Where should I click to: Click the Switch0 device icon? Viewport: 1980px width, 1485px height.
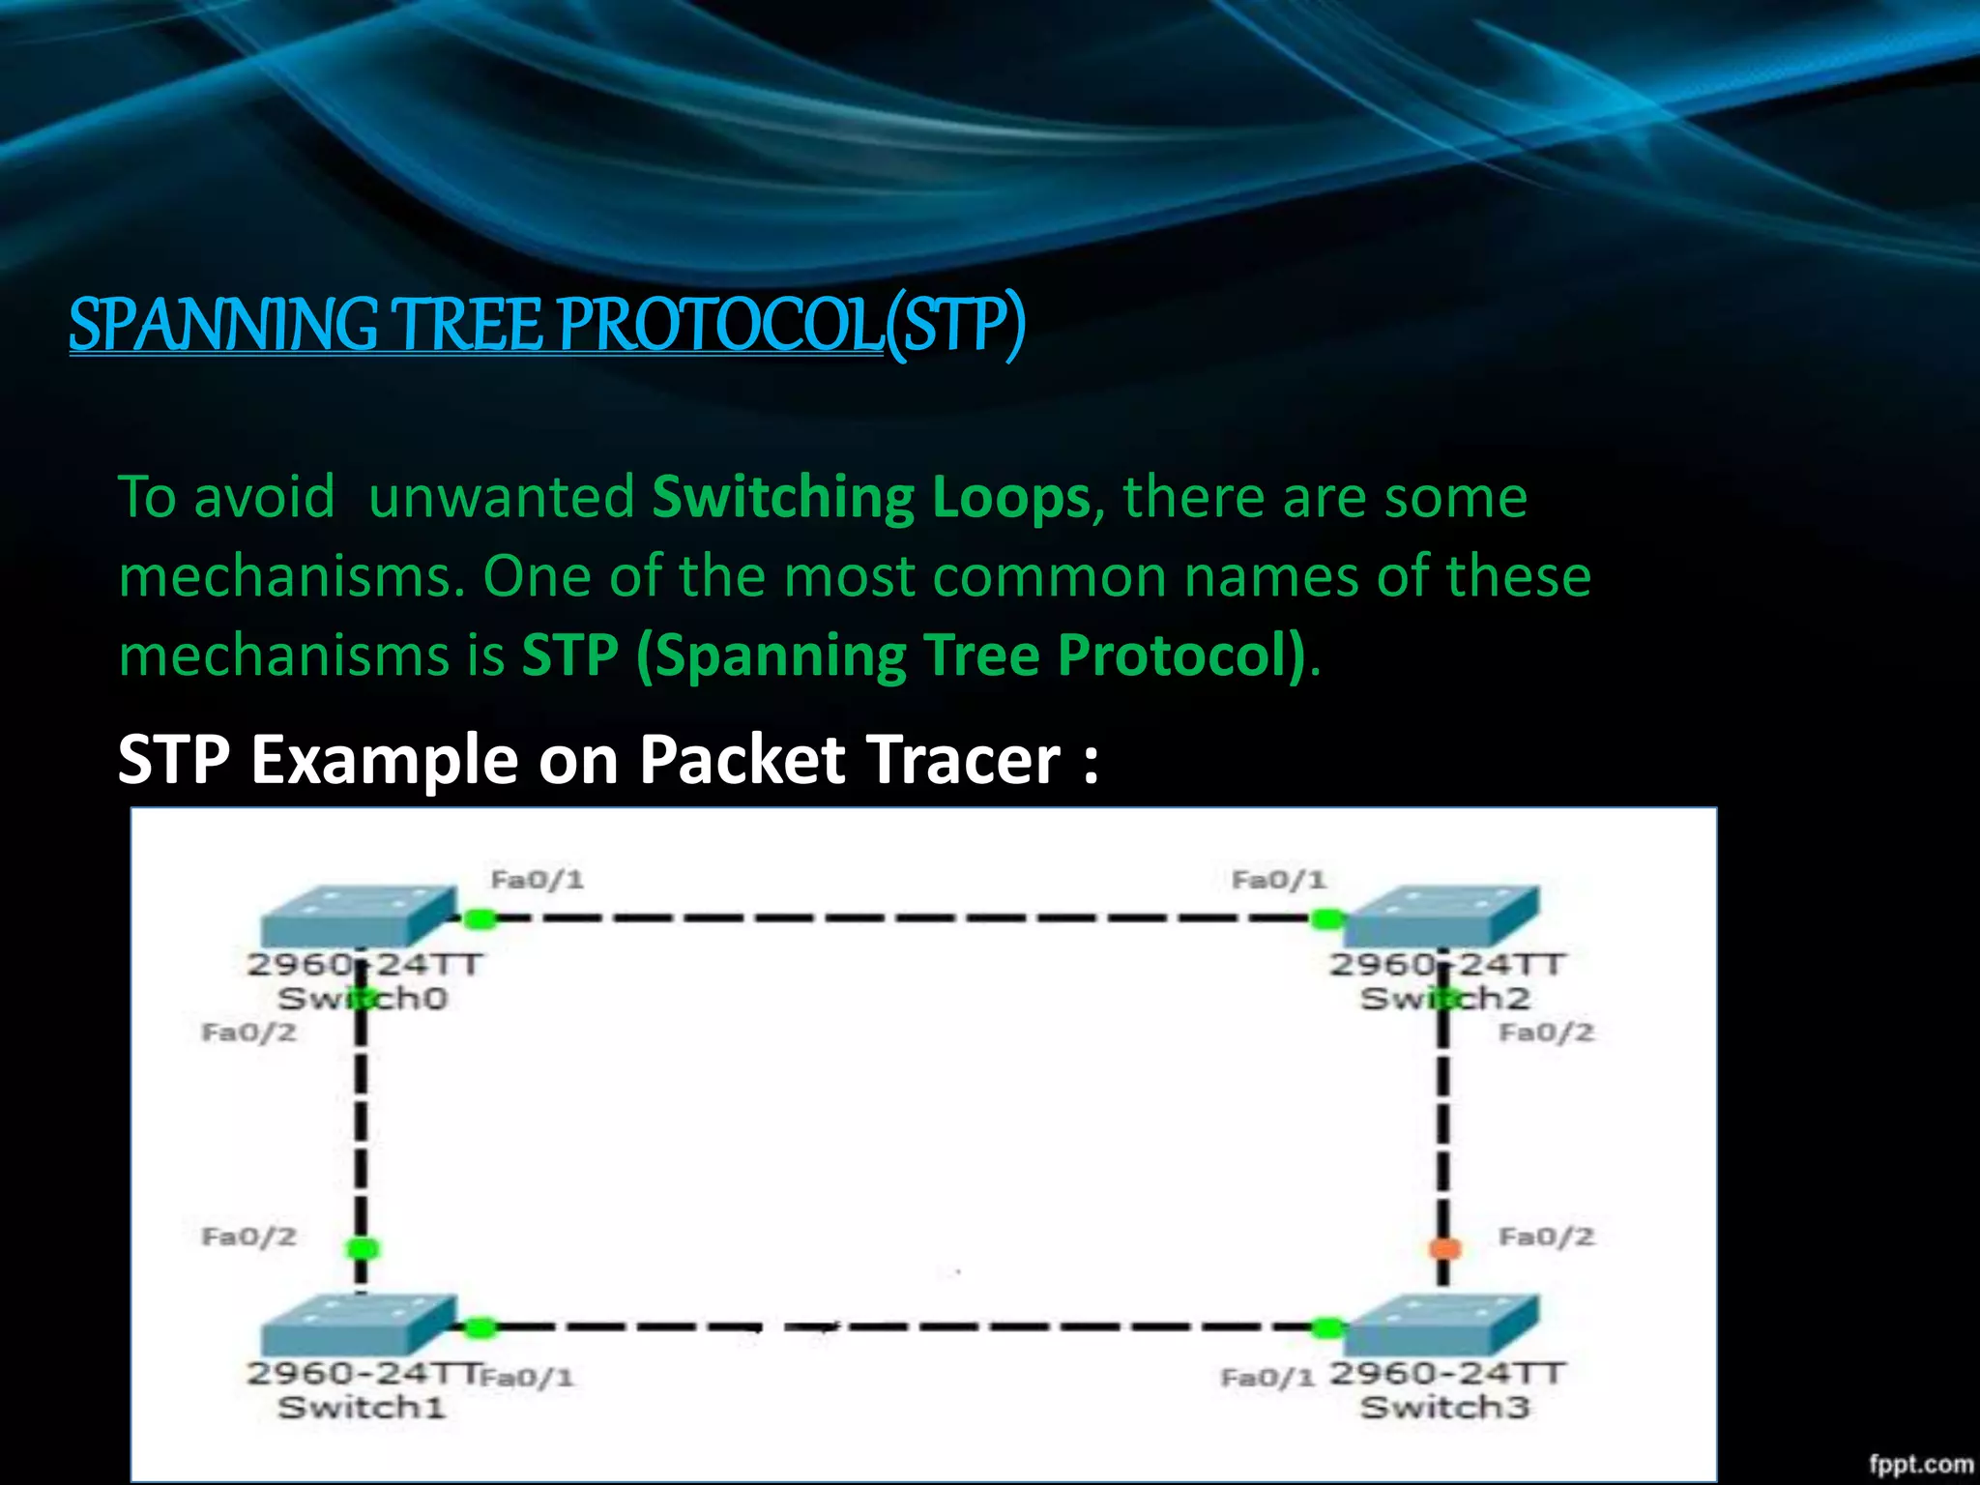[358, 917]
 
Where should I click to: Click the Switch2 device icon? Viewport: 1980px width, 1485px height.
[1440, 917]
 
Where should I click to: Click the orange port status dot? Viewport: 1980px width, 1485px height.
[1444, 1248]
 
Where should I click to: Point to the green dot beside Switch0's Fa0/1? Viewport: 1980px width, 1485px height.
[480, 918]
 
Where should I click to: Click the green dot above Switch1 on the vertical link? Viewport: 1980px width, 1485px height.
[363, 1248]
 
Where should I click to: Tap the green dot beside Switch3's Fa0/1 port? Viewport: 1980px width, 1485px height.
[1327, 1327]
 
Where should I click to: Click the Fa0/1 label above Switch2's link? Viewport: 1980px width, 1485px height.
[1278, 880]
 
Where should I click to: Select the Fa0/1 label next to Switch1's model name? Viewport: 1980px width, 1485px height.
[528, 1377]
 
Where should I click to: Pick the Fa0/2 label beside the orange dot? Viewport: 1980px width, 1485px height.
[1545, 1237]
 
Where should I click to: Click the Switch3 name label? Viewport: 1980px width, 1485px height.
[1444, 1408]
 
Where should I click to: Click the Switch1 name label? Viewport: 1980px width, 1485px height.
[362, 1408]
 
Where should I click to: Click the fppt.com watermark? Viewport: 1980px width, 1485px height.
[1920, 1464]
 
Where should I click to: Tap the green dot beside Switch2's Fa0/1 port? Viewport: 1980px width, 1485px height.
[1327, 918]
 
